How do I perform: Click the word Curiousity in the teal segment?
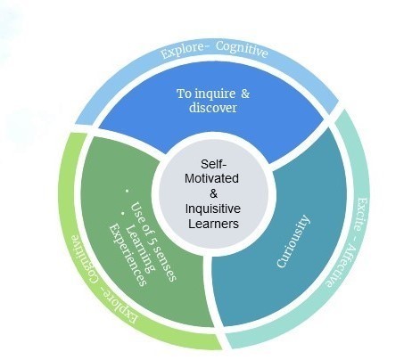[x=293, y=241]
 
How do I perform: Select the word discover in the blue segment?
[x=213, y=108]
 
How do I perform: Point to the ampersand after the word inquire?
[x=245, y=94]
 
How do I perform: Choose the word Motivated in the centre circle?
[x=211, y=178]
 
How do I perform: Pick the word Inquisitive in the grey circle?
[x=213, y=209]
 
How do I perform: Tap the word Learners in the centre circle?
[x=213, y=224]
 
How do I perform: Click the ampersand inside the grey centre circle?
[x=213, y=193]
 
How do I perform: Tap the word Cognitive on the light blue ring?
[x=242, y=49]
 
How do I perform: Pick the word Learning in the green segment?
[x=140, y=249]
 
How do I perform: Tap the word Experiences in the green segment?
[x=128, y=255]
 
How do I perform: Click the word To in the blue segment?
[x=184, y=94]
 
